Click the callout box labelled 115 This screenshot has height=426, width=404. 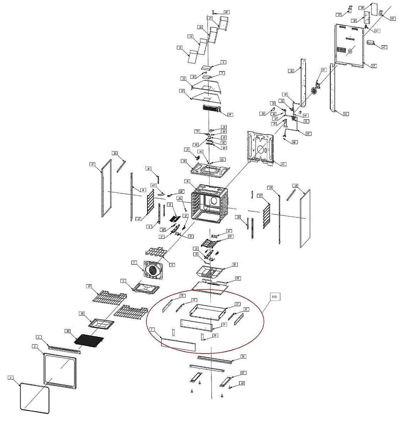coord(274,296)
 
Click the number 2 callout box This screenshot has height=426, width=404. coord(11,378)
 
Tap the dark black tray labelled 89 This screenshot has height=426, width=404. coord(89,339)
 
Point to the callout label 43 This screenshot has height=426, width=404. coord(373,66)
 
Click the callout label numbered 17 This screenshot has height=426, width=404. coord(92,164)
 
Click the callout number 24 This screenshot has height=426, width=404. coord(180,48)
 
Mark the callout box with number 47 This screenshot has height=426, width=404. coord(283,164)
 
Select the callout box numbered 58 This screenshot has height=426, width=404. coord(235,265)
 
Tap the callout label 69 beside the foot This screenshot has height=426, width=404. coord(243,383)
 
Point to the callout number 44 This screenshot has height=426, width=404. coord(346,114)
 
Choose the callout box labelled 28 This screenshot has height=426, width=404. coord(226,12)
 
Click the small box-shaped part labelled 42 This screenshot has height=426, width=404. coord(371,43)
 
